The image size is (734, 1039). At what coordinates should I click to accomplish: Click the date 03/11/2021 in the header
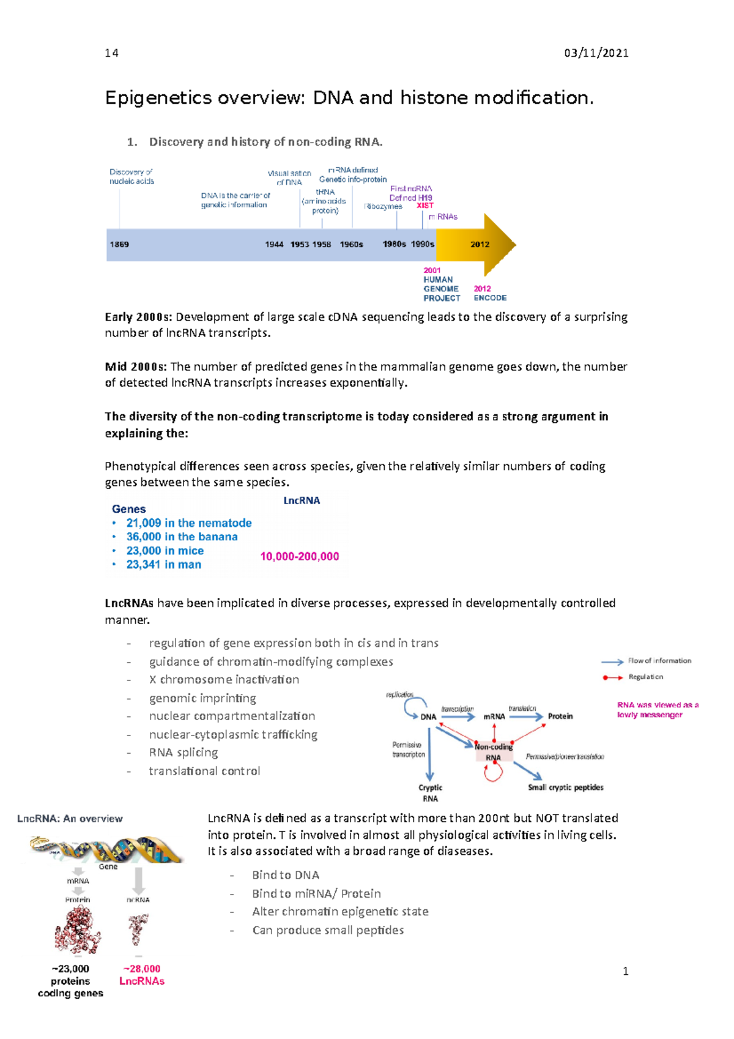coord(596,53)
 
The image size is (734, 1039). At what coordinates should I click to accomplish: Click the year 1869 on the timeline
coord(119,244)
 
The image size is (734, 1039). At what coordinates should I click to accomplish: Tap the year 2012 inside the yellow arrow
coord(480,244)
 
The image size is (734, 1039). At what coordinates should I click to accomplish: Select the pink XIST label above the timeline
coord(424,206)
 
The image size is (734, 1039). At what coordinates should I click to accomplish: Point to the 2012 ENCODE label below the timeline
coord(489,293)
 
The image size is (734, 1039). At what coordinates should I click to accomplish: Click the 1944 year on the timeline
coord(274,244)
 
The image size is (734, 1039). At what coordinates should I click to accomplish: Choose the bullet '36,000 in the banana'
coord(182,537)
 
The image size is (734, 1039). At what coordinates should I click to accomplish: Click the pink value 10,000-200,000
coord(300,556)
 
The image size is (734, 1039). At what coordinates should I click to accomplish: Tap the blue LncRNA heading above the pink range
coord(302,501)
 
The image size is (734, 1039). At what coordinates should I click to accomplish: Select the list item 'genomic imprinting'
coord(202,698)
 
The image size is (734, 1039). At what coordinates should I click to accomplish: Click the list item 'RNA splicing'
coord(183,753)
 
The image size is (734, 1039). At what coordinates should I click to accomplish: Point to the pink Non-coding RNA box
coord(494,752)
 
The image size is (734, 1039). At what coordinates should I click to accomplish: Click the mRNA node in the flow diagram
coord(494,717)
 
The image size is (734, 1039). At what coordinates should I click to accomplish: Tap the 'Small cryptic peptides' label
coord(565,788)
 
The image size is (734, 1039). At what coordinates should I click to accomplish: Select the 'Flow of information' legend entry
coord(659,661)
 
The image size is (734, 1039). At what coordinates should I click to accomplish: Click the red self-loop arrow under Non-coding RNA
coord(493,774)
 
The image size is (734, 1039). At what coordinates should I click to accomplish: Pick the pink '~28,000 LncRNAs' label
coord(142,975)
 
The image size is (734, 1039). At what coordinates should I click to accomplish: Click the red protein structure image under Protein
coord(78,930)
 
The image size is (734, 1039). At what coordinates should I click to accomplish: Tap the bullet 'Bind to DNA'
coord(286,876)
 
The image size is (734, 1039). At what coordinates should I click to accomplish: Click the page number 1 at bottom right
coord(625,971)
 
